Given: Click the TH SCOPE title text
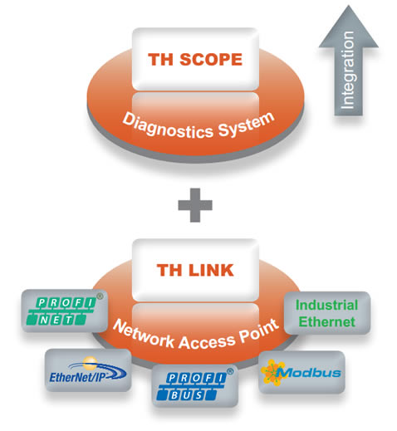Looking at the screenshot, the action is [x=195, y=59].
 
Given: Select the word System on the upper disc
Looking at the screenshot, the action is [x=246, y=125].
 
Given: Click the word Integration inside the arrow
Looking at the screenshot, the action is [x=348, y=71].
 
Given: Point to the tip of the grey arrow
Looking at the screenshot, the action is [x=349, y=5].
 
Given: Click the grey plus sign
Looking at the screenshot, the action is [x=195, y=205].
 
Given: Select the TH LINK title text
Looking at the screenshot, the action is [x=195, y=270].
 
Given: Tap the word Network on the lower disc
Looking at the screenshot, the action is [x=144, y=333].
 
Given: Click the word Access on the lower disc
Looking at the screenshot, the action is [x=207, y=341].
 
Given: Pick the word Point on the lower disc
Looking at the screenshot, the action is [x=258, y=331].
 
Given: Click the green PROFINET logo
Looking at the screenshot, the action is [x=61, y=311].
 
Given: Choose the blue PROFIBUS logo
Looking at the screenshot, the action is [x=192, y=387].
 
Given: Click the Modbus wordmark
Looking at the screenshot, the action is [x=309, y=373].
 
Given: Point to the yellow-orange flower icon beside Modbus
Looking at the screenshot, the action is [x=272, y=372].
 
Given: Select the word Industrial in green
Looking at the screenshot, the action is [x=326, y=305].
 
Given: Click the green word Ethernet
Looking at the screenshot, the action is [x=326, y=321].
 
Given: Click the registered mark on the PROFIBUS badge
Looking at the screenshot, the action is [x=230, y=371].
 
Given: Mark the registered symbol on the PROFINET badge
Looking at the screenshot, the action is [x=100, y=296].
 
